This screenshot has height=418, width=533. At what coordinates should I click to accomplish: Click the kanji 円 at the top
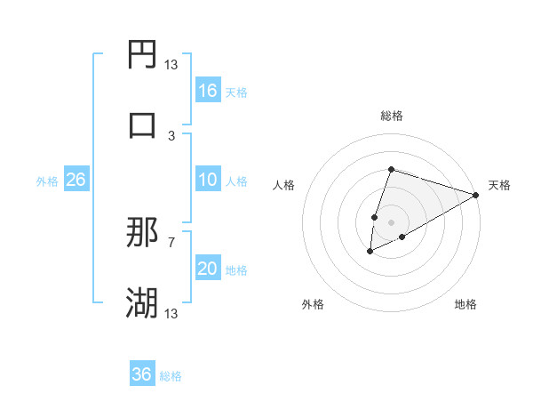142,55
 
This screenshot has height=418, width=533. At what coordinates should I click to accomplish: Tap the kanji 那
142,233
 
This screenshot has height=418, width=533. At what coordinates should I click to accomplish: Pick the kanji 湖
142,303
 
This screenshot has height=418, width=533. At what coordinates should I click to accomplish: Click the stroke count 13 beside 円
171,64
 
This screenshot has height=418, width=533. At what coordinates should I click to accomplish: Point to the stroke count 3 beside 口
171,135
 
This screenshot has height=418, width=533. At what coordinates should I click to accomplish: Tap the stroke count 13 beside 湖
171,313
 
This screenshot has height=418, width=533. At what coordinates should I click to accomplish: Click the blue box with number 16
208,91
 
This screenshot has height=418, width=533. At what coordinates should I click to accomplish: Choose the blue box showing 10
208,180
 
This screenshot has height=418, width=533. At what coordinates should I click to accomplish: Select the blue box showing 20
208,269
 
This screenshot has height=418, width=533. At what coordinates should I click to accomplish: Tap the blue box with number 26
76,180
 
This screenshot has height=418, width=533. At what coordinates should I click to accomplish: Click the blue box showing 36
142,374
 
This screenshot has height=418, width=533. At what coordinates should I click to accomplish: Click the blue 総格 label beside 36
171,376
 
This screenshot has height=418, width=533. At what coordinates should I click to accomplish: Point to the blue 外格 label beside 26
47,181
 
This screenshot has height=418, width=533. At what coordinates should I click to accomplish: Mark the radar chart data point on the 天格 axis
476,196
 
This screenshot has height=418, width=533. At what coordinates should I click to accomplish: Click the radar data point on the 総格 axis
391,170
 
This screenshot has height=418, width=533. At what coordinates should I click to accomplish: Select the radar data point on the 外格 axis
370,252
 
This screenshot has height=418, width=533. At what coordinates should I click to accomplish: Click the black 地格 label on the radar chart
465,305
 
